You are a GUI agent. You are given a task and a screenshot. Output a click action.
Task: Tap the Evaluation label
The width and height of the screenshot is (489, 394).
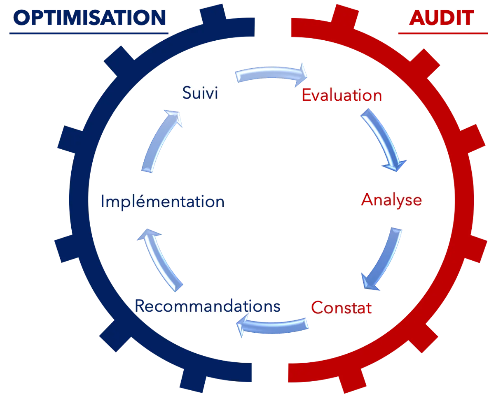(342, 95)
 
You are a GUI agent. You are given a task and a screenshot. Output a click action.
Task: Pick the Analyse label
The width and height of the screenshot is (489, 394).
(391, 200)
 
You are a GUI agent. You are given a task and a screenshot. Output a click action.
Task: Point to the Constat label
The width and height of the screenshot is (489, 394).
(342, 307)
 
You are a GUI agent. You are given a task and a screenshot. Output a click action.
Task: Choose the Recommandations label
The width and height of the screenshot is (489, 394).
(208, 306)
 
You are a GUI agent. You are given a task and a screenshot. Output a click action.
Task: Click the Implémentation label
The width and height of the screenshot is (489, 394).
(162, 202)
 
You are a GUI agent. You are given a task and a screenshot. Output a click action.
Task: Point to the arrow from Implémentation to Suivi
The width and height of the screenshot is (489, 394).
(161, 140)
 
